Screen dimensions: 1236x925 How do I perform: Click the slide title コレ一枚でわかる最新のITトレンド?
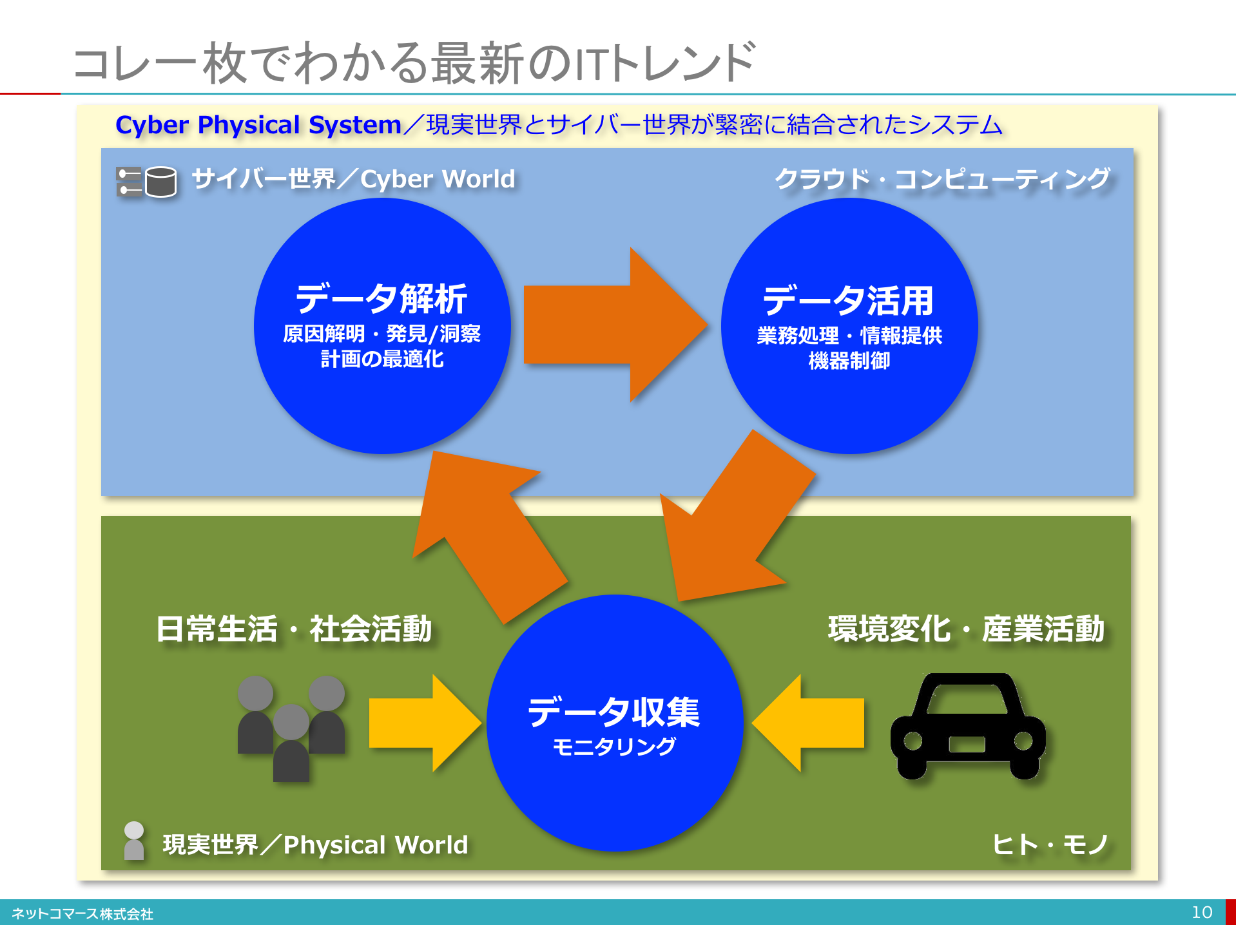pyautogui.click(x=414, y=62)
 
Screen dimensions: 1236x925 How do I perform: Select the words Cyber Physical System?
pyautogui.click(x=258, y=124)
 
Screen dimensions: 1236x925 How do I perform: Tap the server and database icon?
pyautogui.click(x=146, y=181)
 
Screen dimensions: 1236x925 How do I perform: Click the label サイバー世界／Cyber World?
pyautogui.click(x=354, y=179)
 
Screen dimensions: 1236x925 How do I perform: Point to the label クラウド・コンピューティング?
pyautogui.click(x=942, y=179)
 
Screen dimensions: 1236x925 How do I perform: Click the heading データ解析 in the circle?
pyautogui.click(x=381, y=299)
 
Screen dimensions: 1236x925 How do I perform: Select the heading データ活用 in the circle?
pyautogui.click(x=848, y=301)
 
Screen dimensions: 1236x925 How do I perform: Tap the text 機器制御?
pyautogui.click(x=849, y=361)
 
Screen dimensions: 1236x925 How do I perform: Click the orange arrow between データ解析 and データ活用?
pyautogui.click(x=615, y=325)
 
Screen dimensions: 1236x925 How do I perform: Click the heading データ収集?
pyautogui.click(x=613, y=712)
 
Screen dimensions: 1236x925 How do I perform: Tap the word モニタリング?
pyautogui.click(x=614, y=747)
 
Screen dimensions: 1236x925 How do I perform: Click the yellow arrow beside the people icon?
pyautogui.click(x=425, y=723)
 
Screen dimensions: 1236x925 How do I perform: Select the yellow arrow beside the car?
pyautogui.click(x=808, y=723)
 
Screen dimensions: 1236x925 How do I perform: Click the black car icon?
pyautogui.click(x=967, y=726)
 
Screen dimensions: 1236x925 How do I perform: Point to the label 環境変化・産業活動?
pyautogui.click(x=966, y=629)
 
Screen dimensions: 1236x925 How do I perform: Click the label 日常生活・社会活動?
pyautogui.click(x=294, y=629)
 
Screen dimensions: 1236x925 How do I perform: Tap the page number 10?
pyautogui.click(x=1202, y=912)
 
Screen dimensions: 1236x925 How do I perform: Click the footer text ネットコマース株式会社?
pyautogui.click(x=82, y=914)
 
